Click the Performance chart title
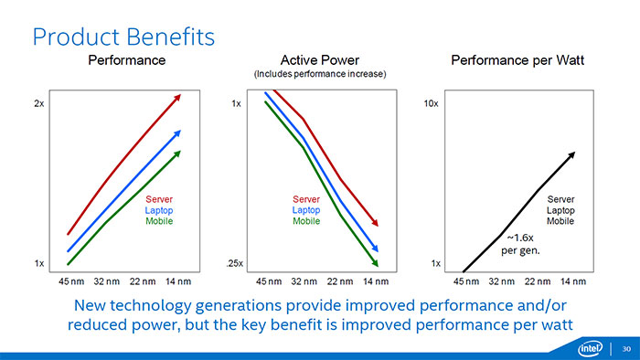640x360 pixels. pyautogui.click(x=126, y=60)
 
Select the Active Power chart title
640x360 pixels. pyautogui.click(x=319, y=60)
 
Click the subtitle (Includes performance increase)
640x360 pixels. pyautogui.click(x=319, y=74)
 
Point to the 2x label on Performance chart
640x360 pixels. pyautogui.click(x=39, y=104)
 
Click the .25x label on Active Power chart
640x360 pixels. pyautogui.click(x=233, y=263)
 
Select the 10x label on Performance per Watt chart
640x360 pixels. pyautogui.click(x=432, y=104)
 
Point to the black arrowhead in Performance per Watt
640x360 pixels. pyautogui.click(x=571, y=155)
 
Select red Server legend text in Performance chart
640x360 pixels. pyautogui.click(x=159, y=199)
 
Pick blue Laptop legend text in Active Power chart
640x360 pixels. pyautogui.click(x=306, y=210)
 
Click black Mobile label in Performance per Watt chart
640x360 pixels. pyautogui.click(x=560, y=221)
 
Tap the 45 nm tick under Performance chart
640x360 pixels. pyautogui.click(x=73, y=281)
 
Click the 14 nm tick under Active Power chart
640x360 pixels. pyautogui.click(x=375, y=281)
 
